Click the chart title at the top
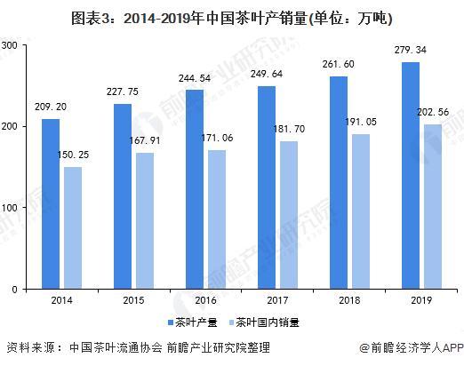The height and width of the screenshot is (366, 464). tap(232, 18)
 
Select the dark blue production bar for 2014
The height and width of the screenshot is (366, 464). tap(52, 204)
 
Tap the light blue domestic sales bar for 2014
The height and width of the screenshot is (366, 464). tap(73, 228)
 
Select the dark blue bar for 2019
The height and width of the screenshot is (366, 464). tap(411, 176)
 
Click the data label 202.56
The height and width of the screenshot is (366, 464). tap(435, 114)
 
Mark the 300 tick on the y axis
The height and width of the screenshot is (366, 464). tap(11, 45)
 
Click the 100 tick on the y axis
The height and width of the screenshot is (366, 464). tap(11, 208)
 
